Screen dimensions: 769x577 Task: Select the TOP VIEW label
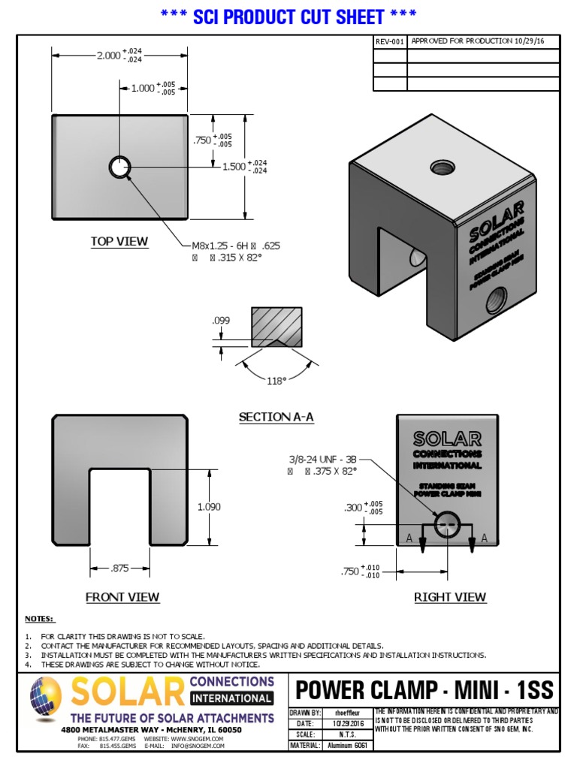(119, 242)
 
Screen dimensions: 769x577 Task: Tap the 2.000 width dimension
(107, 55)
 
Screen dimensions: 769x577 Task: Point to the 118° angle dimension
(276, 381)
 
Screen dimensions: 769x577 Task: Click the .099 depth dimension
(221, 321)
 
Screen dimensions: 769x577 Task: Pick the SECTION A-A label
(276, 417)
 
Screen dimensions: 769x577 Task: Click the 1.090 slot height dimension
(209, 507)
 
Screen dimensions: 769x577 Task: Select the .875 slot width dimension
(119, 568)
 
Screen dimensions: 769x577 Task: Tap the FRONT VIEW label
(122, 597)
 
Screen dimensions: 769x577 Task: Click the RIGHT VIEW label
(450, 597)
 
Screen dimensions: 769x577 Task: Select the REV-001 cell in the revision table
(390, 41)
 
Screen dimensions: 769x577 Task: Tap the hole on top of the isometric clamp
(441, 167)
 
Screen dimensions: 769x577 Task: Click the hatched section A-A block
(276, 325)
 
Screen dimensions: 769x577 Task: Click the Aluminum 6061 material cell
(346, 746)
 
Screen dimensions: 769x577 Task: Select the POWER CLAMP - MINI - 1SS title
(424, 689)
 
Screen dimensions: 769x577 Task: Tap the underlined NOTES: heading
(40, 619)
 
